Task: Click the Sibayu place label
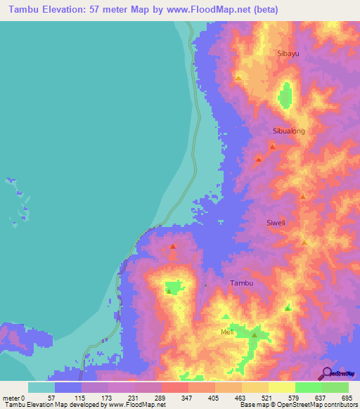tap(288, 53)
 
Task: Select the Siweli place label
tap(276, 223)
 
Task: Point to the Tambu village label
tap(241, 283)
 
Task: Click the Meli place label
tap(227, 332)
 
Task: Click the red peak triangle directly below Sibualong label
tap(272, 147)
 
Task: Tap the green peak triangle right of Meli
tap(255, 336)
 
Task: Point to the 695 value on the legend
tap(349, 397)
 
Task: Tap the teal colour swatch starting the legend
tap(41, 387)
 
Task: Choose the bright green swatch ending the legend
tap(335, 387)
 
